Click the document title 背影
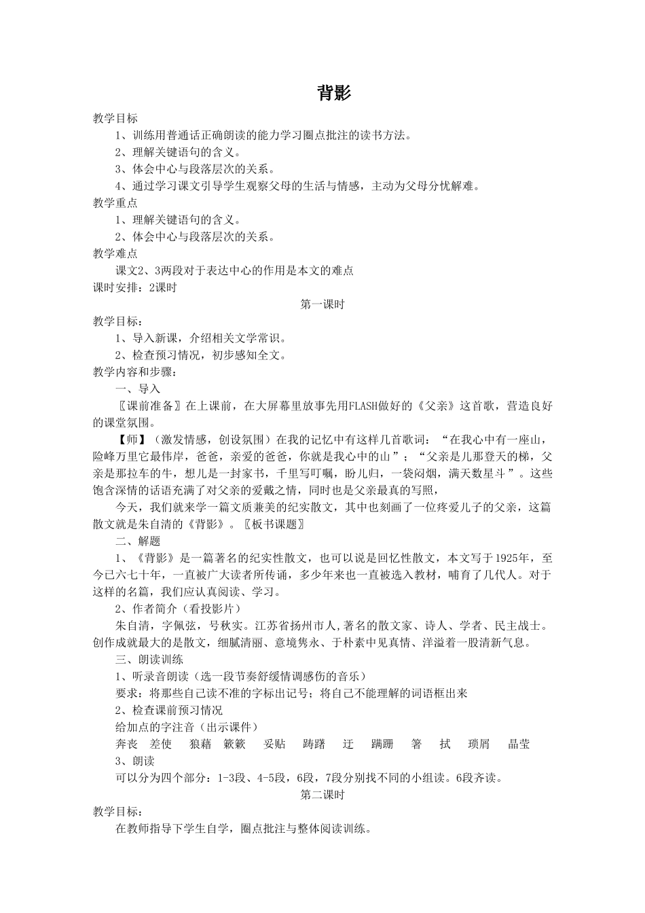click(x=334, y=93)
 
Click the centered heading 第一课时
click(x=322, y=304)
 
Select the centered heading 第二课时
click(x=322, y=795)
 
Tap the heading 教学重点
click(x=115, y=202)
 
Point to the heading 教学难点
click(x=115, y=253)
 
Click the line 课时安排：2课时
click(x=134, y=287)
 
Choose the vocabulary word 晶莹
click(x=519, y=744)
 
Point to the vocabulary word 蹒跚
click(x=382, y=744)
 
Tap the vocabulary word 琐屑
click(x=479, y=744)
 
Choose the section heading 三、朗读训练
click(x=149, y=659)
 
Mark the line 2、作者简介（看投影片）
click(x=178, y=608)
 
